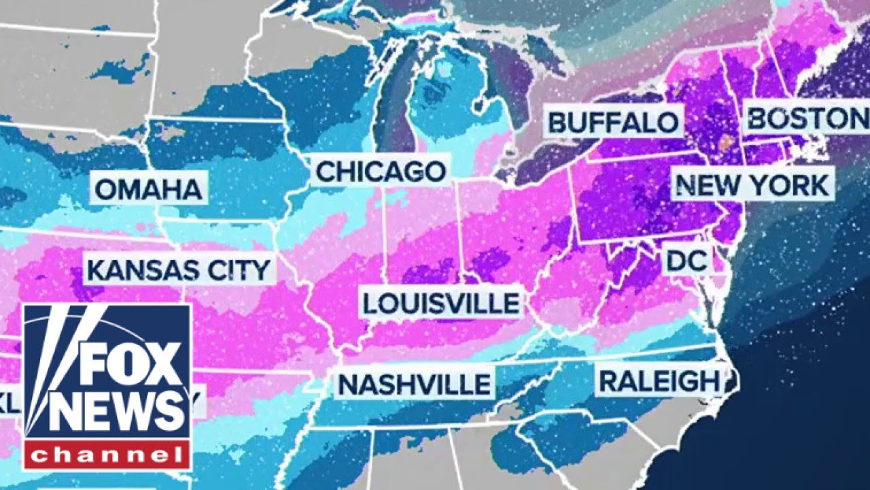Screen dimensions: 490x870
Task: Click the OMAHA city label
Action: tap(148, 189)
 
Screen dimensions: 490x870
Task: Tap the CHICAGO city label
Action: tap(381, 171)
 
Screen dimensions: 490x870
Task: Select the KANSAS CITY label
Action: tap(179, 270)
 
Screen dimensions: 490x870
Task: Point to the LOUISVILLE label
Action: tap(440, 303)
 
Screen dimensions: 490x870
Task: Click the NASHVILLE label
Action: tap(414, 385)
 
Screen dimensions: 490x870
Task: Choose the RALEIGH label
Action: tap(658, 381)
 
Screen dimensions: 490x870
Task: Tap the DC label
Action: tap(687, 260)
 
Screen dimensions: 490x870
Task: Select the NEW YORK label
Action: tap(753, 185)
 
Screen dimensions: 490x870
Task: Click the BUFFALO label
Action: tap(613, 122)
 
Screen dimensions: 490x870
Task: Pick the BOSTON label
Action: tap(805, 118)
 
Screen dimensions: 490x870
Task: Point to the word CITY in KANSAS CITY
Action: tap(237, 270)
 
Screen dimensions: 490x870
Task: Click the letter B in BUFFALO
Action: tap(557, 122)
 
